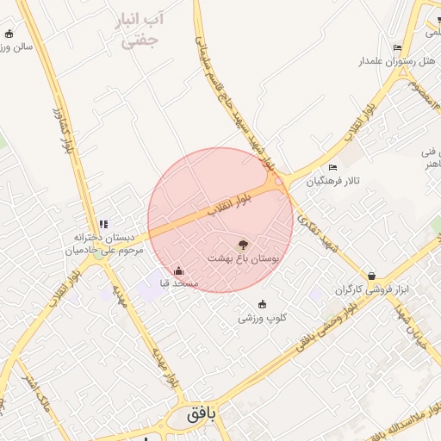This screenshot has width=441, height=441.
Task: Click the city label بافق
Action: pos(199,414)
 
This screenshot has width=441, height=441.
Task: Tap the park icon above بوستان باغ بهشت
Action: pos(242,245)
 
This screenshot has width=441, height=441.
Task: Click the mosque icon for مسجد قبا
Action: pos(178,271)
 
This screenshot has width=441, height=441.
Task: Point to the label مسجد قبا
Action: pos(178,283)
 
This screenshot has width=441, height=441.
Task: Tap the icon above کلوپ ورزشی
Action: pos(263,304)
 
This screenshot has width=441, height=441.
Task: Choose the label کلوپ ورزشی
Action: pos(263,318)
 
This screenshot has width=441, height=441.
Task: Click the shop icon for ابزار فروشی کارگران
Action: pos(371,276)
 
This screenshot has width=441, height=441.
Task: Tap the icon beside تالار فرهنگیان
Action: pos(332,167)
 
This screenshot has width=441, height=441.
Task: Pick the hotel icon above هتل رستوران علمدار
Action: pos(397,47)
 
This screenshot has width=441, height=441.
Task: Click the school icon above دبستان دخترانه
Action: pos(103,224)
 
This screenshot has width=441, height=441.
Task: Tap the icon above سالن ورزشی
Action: pos(9,34)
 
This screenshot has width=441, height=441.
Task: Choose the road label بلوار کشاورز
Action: pos(65,133)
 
